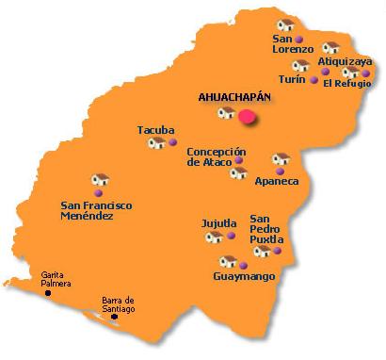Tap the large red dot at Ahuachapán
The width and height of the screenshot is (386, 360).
(x=248, y=116)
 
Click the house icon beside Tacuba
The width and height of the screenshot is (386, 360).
(x=156, y=143)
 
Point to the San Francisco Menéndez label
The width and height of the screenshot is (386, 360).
(x=96, y=210)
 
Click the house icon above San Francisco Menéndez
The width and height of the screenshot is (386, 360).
(x=100, y=179)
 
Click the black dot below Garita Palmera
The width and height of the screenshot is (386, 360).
(x=49, y=293)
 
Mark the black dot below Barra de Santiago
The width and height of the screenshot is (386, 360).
(x=115, y=317)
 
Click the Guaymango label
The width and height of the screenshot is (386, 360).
(x=244, y=277)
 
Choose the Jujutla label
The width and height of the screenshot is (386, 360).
(x=219, y=223)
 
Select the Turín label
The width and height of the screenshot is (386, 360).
(x=292, y=80)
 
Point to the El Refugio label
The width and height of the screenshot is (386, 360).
(x=347, y=84)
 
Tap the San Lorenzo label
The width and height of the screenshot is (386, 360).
(x=290, y=43)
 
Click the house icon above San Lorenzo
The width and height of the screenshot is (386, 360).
(x=285, y=25)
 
